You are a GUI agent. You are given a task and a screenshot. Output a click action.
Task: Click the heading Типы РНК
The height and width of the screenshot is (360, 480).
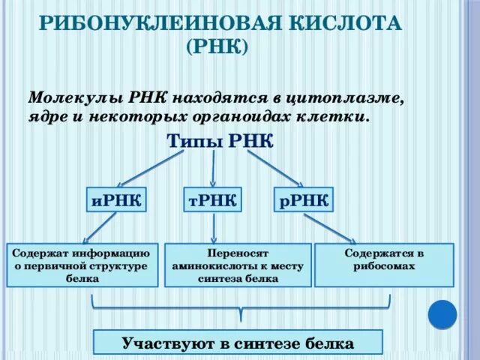point(220,142)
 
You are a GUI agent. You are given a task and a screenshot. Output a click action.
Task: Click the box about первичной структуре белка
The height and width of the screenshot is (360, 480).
point(82,265)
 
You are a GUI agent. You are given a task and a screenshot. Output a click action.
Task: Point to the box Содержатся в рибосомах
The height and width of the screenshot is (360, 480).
point(384,265)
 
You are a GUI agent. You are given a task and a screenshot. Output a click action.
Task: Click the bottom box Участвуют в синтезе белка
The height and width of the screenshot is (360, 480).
point(238,344)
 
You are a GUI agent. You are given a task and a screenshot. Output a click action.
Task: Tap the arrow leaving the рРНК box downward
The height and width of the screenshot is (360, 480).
point(330,226)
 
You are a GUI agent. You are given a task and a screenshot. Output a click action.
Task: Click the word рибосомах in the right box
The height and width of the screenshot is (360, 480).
point(384,265)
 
